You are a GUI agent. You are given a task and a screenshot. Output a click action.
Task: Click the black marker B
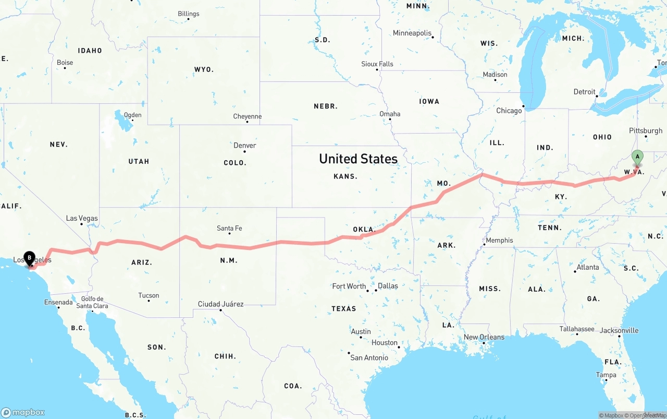click(30, 258)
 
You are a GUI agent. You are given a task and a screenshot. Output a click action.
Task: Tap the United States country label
click(358, 159)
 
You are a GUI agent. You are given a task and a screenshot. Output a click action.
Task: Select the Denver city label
click(245, 146)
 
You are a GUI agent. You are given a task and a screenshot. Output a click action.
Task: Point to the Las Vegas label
click(82, 218)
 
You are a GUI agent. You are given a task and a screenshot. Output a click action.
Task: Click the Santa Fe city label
click(229, 228)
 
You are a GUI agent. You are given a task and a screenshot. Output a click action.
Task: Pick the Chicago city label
click(509, 111)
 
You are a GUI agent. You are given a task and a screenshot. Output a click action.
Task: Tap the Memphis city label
click(499, 241)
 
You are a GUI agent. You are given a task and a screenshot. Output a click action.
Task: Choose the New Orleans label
click(484, 337)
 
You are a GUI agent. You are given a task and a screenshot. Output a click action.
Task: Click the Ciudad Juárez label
click(220, 304)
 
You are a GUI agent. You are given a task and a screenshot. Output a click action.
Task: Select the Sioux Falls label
click(377, 64)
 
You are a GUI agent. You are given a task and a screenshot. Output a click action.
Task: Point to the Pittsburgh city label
click(646, 131)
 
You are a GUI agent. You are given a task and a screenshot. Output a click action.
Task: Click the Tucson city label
click(149, 295)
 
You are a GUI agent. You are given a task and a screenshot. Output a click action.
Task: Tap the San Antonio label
click(369, 357)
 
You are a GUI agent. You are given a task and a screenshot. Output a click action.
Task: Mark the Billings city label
click(188, 14)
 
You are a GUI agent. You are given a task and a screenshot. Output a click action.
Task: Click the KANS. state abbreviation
click(345, 176)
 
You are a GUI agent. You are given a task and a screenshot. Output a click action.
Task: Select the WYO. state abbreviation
click(204, 69)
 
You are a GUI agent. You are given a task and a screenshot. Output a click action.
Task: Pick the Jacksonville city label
click(619, 330)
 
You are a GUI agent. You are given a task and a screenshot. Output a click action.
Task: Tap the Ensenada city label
click(58, 302)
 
